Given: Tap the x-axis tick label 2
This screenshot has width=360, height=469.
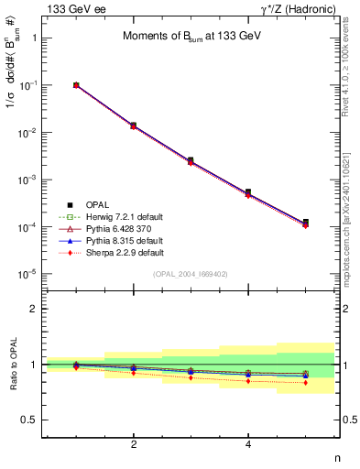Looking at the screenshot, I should [134, 444].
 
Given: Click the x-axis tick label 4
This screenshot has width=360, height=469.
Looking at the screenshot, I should [248, 444].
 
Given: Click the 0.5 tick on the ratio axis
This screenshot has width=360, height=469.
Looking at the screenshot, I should [30, 420].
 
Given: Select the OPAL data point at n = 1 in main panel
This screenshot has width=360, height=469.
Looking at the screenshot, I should [76, 85].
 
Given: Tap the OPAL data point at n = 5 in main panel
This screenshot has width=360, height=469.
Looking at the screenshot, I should [305, 223].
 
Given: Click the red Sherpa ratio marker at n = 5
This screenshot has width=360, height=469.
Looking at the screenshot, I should [305, 383].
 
